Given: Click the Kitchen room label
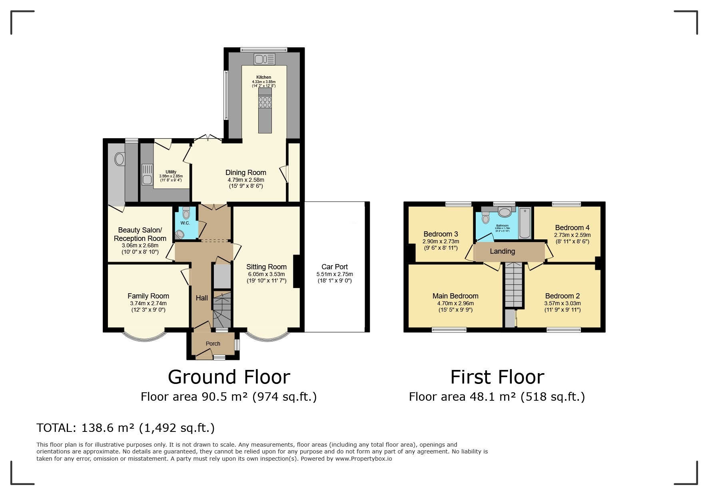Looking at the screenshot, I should [263, 77].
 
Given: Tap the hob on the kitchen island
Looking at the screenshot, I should [265, 102].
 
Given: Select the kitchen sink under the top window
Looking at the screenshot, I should [264, 59].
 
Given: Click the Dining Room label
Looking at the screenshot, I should [245, 173].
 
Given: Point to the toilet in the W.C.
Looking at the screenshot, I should [186, 213].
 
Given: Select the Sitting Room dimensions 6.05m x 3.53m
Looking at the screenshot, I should [266, 274].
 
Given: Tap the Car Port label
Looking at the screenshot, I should [335, 267].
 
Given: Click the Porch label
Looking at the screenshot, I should [213, 344].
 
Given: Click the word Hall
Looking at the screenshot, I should [201, 298].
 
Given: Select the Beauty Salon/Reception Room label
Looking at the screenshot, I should [140, 235].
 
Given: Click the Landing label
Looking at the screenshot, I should [502, 251].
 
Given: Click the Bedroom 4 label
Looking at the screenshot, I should [572, 228].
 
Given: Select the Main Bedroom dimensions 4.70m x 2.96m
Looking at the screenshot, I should [455, 303].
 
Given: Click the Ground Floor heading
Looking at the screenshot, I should [229, 377].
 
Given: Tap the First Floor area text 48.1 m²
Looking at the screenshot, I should [497, 397].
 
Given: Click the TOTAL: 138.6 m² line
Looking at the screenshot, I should [126, 428].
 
